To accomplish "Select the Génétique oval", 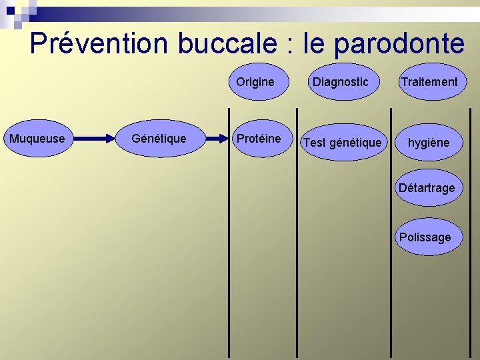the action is (x=159, y=139).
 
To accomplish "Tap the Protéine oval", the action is (x=259, y=139).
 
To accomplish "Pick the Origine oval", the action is (x=255, y=82).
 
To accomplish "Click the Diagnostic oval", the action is (x=340, y=82).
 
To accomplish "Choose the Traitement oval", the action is (x=428, y=82).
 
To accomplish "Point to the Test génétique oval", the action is (x=343, y=142).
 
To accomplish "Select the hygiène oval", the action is (x=428, y=142).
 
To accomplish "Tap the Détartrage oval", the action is (x=427, y=188).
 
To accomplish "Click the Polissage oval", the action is (x=425, y=237).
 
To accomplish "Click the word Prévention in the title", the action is (x=99, y=44).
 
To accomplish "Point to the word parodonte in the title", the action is (x=399, y=44).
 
